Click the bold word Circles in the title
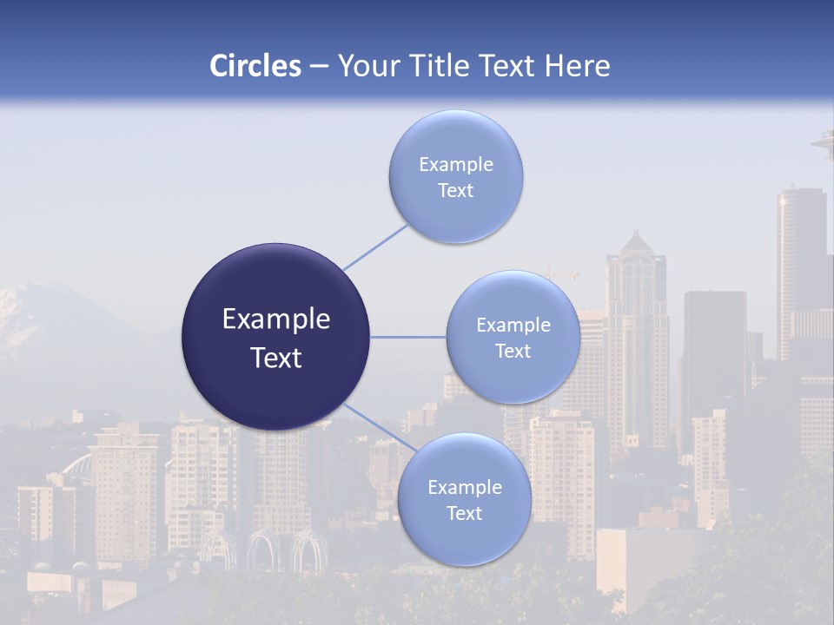[x=255, y=66]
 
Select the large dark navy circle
[x=275, y=337]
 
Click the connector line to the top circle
[x=375, y=247]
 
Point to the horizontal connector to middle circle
[x=407, y=337]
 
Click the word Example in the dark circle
[x=275, y=319]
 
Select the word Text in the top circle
[x=455, y=191]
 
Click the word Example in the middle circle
[x=513, y=326]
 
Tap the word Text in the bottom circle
[x=464, y=514]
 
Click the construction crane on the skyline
[x=561, y=273]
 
